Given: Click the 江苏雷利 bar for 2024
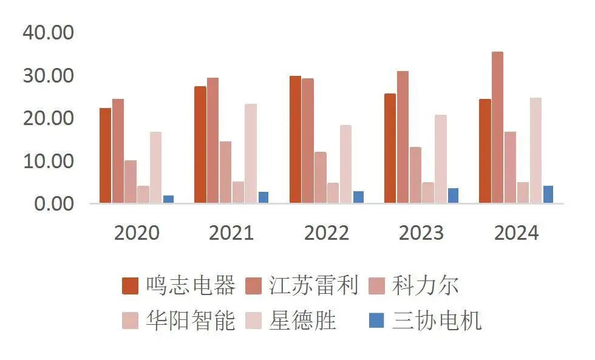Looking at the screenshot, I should pos(497,127).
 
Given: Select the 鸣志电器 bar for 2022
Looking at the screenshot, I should pos(295,140).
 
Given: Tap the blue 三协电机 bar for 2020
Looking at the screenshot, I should pos(168,199).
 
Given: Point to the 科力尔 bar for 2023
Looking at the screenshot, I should pos(415,175).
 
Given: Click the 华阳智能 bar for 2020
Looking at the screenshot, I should pos(143,194).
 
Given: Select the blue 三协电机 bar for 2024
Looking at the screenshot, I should pos(548,194).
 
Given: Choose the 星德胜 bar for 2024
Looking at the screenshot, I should pos(535,150).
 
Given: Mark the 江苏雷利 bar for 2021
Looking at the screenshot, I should pos(212,140).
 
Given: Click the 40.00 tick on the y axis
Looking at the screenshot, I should pos(48,33).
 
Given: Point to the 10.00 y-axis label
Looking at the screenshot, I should pos(48,161).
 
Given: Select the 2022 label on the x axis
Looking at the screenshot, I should pos(327,233).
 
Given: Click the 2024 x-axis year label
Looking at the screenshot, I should pos(517,233).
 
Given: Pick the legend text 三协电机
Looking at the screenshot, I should pos(437,321).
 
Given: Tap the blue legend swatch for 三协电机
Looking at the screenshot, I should pos(377,321).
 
